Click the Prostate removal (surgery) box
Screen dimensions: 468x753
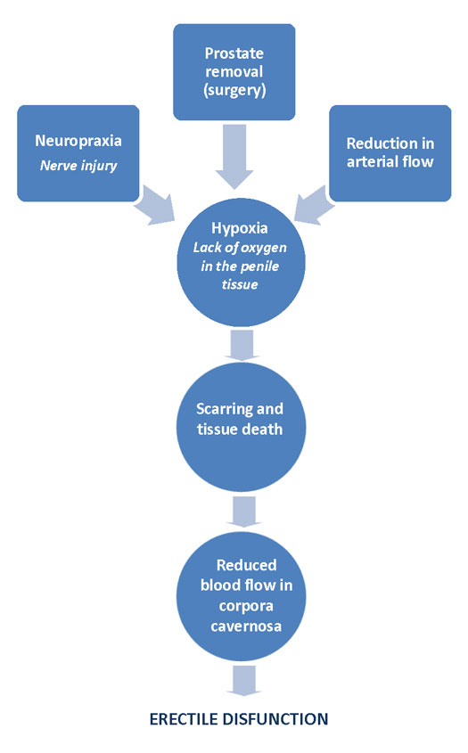[234, 72]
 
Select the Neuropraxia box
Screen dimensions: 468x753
[78, 153]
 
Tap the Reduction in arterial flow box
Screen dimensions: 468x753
[390, 153]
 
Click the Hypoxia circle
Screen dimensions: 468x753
[242, 262]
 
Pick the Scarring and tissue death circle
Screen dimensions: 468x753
[242, 428]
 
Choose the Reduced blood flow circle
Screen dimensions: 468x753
[242, 596]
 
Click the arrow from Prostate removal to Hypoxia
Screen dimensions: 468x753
[234, 156]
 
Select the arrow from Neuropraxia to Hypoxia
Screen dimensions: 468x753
[155, 205]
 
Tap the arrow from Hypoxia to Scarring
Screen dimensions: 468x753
[242, 345]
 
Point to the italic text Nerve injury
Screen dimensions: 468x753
[78, 166]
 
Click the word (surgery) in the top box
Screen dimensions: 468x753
[234, 90]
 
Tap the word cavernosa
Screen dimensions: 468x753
[246, 626]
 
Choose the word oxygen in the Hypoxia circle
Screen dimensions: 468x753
[262, 249]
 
